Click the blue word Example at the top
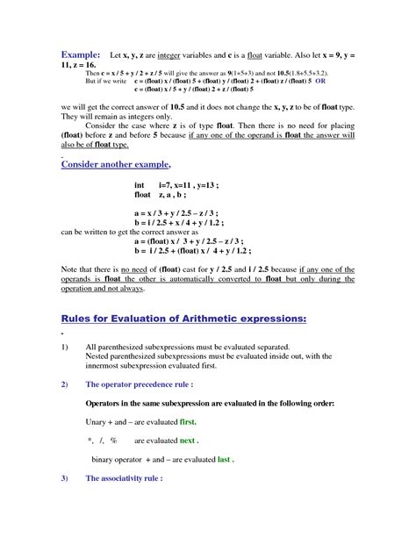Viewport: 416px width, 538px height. tap(77, 54)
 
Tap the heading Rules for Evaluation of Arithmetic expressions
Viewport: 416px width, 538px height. tap(183, 319)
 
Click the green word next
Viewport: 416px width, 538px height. tap(188, 440)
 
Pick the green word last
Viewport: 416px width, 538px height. tap(226, 459)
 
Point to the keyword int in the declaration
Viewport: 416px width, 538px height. tap(140, 186)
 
